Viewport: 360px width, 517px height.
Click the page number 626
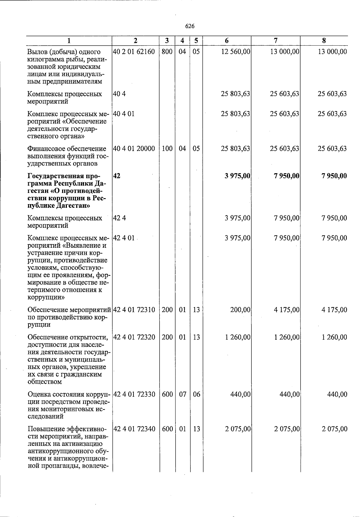pyautogui.click(x=190, y=26)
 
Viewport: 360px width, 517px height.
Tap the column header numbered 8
pyautogui.click(x=324, y=41)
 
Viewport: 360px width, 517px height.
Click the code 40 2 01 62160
pyautogui.click(x=134, y=52)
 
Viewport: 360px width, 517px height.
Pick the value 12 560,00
pyautogui.click(x=235, y=52)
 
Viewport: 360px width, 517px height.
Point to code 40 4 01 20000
pyautogui.click(x=134, y=149)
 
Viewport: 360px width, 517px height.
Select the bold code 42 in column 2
pyautogui.click(x=117, y=176)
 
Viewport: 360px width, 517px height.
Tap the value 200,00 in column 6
pyautogui.click(x=240, y=310)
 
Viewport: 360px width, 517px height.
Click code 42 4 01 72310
pyautogui.click(x=134, y=310)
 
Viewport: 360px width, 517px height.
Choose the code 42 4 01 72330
pyautogui.click(x=134, y=394)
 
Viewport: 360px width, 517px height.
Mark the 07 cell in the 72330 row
pyautogui.click(x=182, y=394)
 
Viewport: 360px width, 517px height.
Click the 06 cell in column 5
pyautogui.click(x=196, y=394)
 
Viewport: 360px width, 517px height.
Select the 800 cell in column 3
pyautogui.click(x=167, y=52)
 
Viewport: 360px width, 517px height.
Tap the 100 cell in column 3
pyautogui.click(x=167, y=149)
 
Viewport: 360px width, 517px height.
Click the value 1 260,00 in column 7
pyautogui.click(x=287, y=337)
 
